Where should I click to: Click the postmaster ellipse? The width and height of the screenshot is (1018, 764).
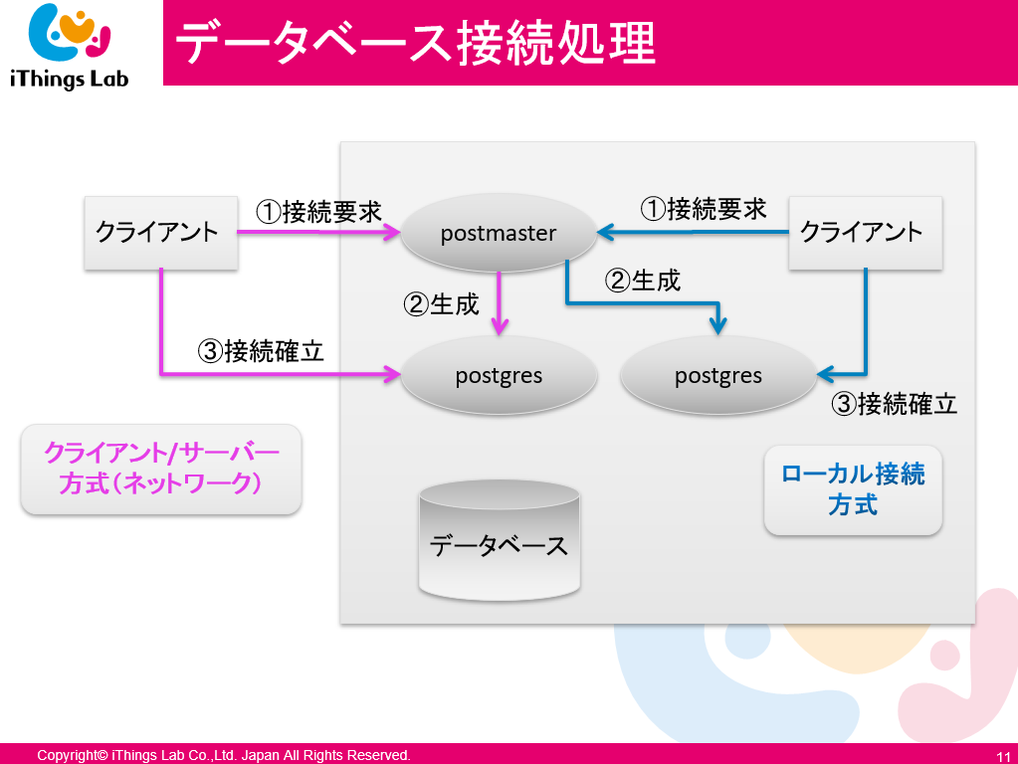tap(499, 234)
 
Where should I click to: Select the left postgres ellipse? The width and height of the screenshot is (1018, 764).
tap(499, 376)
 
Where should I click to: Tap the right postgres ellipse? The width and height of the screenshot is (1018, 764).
tap(717, 376)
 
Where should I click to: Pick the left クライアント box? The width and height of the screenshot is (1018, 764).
tap(160, 233)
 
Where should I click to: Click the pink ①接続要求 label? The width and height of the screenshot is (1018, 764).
tap(318, 212)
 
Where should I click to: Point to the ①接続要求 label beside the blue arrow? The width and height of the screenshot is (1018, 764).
tap(703, 209)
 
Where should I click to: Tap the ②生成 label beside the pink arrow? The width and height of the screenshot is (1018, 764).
tap(441, 303)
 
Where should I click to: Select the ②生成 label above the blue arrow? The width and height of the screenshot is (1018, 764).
tap(643, 281)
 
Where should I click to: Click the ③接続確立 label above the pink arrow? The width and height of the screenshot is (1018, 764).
tap(261, 351)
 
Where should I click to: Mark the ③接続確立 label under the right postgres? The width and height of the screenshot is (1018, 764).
tap(894, 404)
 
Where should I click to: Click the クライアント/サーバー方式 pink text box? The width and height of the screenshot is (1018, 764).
tap(161, 469)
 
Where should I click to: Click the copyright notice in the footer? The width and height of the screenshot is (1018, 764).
tap(224, 756)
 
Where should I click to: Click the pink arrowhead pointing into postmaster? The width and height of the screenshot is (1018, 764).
tap(392, 234)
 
